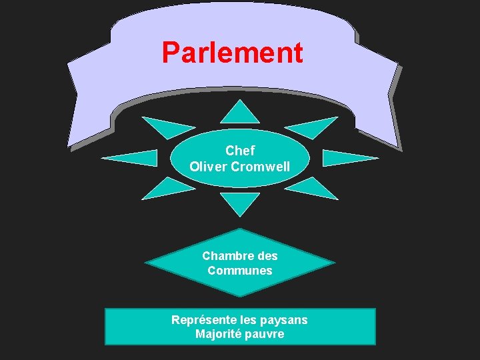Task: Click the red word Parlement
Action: coord(232,53)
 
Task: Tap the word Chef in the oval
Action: coord(240,151)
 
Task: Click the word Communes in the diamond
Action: coord(240,271)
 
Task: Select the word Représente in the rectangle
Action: coord(200,320)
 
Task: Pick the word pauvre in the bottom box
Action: coord(265,334)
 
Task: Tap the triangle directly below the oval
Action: coord(240,202)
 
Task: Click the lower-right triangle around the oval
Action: coord(313,189)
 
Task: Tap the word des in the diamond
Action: coord(267,256)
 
